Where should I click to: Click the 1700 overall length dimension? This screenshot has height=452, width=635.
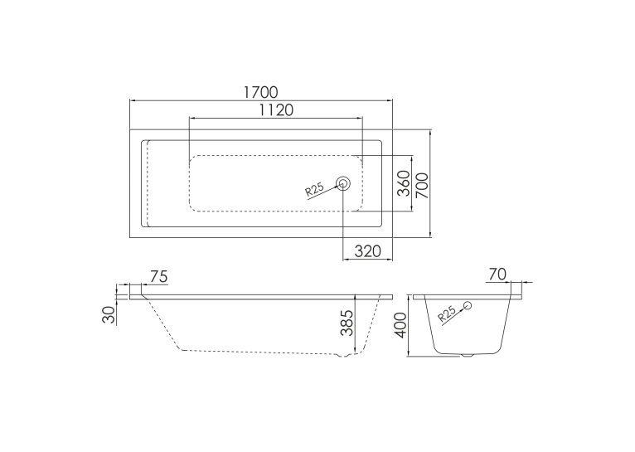click(x=261, y=92)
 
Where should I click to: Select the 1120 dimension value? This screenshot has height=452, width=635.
click(x=276, y=109)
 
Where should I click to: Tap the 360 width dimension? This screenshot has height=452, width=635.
click(x=404, y=183)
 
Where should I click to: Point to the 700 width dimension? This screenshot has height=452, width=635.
click(x=422, y=185)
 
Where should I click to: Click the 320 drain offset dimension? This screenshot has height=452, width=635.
click(x=368, y=251)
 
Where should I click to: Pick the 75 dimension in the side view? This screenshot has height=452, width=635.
click(x=158, y=277)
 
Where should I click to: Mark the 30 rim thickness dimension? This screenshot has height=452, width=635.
click(x=109, y=314)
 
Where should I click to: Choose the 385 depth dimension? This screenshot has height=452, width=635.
click(x=347, y=323)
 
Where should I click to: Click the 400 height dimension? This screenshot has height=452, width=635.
click(x=400, y=325)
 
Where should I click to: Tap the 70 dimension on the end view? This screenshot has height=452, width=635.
click(x=497, y=275)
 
